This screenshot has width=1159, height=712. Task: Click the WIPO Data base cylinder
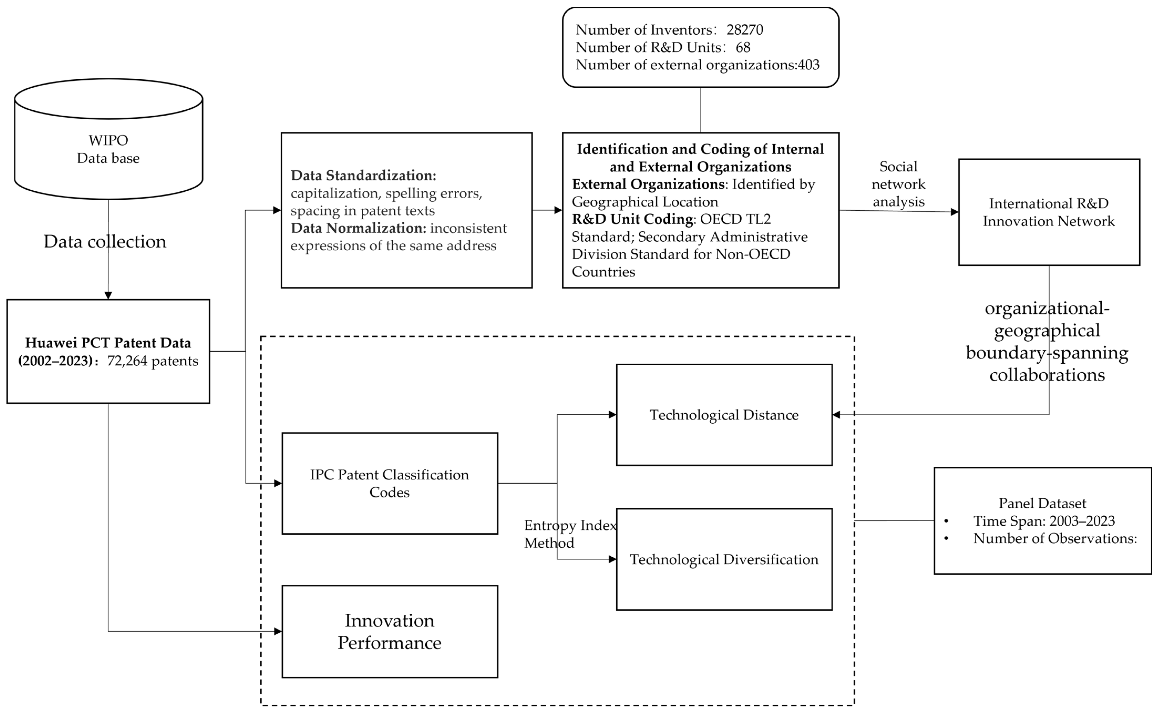pyautogui.click(x=108, y=141)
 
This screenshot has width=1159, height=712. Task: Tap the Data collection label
pyautogui.click(x=104, y=242)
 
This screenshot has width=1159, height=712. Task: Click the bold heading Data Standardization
pyautogui.click(x=363, y=176)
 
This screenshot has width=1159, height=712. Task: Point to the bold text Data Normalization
pyautogui.click(x=358, y=228)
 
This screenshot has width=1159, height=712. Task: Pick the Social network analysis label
pyautogui.click(x=898, y=184)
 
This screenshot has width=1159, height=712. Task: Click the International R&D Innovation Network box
pyautogui.click(x=1049, y=212)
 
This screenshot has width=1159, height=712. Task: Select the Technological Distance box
pyautogui.click(x=724, y=415)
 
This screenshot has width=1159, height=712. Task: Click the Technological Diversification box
pyautogui.click(x=724, y=559)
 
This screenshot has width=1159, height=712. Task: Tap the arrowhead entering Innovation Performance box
pyautogui.click(x=278, y=632)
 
